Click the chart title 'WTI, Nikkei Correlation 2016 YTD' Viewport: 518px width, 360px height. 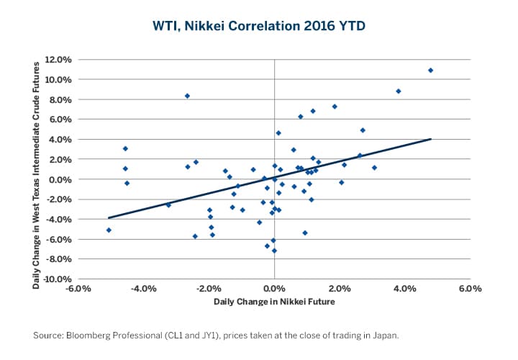(259, 26)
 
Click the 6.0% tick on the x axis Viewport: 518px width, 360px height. (470, 289)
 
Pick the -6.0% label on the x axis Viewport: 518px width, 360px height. (76, 289)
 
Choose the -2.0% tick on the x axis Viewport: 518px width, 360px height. (207, 289)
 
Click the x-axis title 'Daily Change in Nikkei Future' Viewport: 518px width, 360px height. (274, 302)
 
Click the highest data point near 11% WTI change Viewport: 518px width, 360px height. (430, 71)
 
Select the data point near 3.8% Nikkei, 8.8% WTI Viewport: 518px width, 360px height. (398, 91)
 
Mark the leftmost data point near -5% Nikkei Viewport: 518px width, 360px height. (109, 230)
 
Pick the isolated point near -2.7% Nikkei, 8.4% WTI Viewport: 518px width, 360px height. (187, 96)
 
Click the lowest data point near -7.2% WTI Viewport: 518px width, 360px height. (274, 251)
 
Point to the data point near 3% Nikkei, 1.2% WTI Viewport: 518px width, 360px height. (374, 168)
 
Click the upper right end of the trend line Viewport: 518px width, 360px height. (430, 139)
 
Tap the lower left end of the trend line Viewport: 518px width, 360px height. (109, 217)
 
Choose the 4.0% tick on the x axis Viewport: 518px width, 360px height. (404, 289)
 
